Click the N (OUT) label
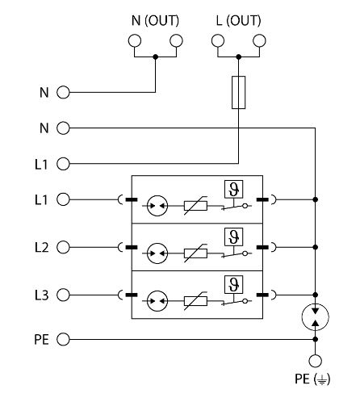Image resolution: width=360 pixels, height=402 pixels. coord(155,21)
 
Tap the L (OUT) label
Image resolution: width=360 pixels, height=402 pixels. coord(238,21)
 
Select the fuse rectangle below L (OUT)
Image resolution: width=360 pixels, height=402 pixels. coord(239,92)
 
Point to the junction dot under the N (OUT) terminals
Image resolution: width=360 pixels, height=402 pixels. coord(155,57)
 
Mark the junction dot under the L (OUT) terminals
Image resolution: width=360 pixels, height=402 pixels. coord(239,57)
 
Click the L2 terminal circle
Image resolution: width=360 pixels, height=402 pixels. coord(63,247)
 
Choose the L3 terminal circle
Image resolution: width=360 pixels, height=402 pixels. coord(63,295)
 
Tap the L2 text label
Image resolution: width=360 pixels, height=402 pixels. coord(42,247)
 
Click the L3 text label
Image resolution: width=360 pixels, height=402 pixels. coord(42,295)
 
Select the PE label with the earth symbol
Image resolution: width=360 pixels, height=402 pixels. coord(312,379)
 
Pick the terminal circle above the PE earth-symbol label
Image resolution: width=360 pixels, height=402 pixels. coord(316,361)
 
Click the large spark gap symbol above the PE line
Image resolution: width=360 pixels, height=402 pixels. coord(316,317)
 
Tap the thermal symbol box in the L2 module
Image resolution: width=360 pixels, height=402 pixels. coord(234,237)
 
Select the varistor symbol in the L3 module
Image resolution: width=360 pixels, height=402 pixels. coord(195,301)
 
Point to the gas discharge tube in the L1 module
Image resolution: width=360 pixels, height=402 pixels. coord(157,206)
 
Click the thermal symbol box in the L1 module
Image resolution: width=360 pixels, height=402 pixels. coord(234,189)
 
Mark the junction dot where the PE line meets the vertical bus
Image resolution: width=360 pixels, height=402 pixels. coord(316,339)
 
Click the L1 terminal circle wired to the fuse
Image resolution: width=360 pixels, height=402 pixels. coord(63,164)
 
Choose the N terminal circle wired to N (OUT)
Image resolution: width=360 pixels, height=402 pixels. coord(63,92)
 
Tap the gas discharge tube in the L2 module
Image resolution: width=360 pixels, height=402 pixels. coord(157,253)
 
